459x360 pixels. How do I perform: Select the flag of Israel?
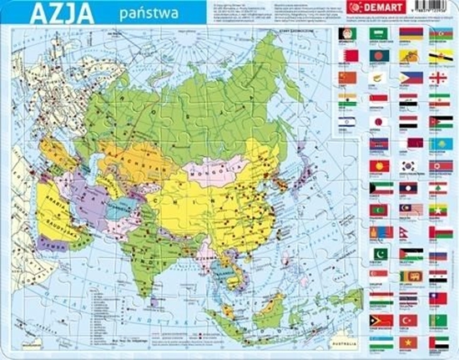click(x=350, y=121)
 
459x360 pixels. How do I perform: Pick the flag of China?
click(x=350, y=77)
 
